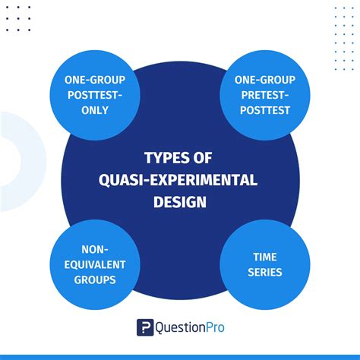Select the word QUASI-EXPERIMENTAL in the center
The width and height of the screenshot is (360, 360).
180,180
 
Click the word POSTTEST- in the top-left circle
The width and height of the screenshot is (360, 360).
94,95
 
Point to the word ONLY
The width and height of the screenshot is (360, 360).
94,109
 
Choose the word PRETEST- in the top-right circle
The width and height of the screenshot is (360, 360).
265,95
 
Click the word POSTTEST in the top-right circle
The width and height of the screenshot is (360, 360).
265,109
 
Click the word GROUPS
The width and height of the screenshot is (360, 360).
94,279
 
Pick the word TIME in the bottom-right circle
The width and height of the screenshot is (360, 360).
265,257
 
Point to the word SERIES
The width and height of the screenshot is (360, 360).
265,271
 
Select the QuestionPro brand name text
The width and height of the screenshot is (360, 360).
190,327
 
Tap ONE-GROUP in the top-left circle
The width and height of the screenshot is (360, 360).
94,81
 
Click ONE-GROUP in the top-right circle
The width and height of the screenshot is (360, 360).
265,81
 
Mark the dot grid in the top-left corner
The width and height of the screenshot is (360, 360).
19,19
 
